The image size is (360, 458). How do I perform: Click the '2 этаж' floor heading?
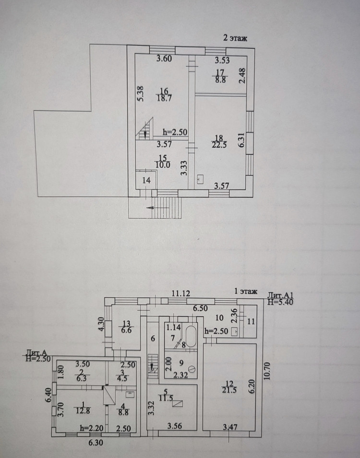[x=235, y=39]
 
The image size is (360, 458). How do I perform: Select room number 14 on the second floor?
[x=147, y=181]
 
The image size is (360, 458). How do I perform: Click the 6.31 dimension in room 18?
[x=242, y=140]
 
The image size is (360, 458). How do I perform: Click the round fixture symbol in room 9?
[x=192, y=369]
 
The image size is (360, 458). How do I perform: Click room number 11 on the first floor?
[x=251, y=321]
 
